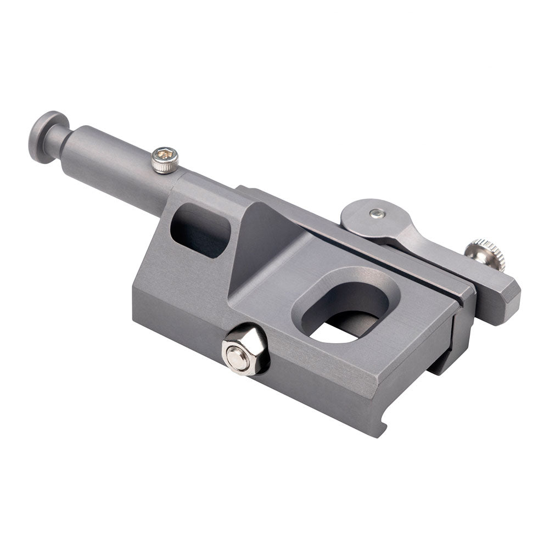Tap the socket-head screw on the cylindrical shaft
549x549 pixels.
click(165, 160)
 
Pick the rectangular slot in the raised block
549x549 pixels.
click(200, 230)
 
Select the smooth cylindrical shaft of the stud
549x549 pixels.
click(115, 159)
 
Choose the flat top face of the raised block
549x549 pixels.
click(209, 189)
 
